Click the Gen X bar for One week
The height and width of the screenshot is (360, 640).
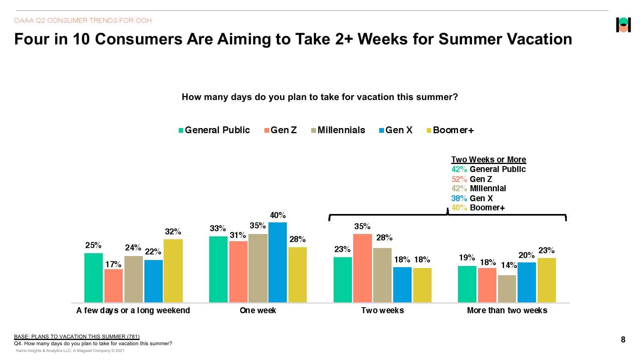coord(278,262)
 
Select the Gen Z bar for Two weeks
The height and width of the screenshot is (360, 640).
coord(362,268)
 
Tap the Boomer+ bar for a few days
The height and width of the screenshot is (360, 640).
coord(173,270)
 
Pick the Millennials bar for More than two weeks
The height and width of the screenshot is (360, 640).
coord(507,288)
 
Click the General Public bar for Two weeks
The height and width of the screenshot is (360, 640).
coord(342,280)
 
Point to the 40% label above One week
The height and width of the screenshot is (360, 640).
coord(278,215)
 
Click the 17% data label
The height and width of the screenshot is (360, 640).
coord(113,264)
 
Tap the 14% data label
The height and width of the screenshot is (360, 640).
coord(509,265)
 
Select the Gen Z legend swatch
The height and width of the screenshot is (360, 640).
coord(267,130)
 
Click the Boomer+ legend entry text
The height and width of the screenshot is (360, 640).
coord(454,130)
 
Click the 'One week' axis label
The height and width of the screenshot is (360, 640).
coord(258,310)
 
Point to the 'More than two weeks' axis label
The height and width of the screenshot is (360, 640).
coord(507,310)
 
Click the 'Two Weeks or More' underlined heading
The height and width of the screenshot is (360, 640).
coord(488,160)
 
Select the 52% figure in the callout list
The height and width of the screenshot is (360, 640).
coord(459,179)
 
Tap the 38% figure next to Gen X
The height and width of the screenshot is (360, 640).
coord(459,198)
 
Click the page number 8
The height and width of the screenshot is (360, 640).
coord(623,340)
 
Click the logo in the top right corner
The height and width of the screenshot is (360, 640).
coord(623,25)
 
